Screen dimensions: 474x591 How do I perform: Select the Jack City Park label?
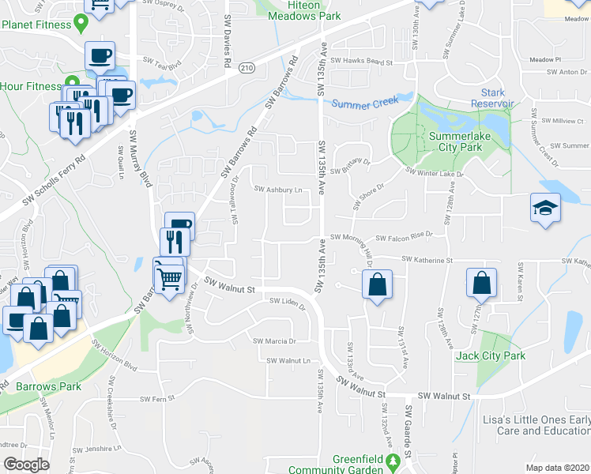(490, 356)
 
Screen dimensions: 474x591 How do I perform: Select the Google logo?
(26, 465)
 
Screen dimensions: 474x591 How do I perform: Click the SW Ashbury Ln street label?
(278, 190)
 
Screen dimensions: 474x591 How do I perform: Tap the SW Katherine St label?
(427, 259)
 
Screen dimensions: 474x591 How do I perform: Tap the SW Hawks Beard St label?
(361, 61)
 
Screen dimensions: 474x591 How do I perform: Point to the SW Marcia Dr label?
(274, 341)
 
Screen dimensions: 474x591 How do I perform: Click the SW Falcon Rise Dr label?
(405, 236)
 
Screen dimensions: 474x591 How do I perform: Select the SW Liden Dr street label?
(286, 300)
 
